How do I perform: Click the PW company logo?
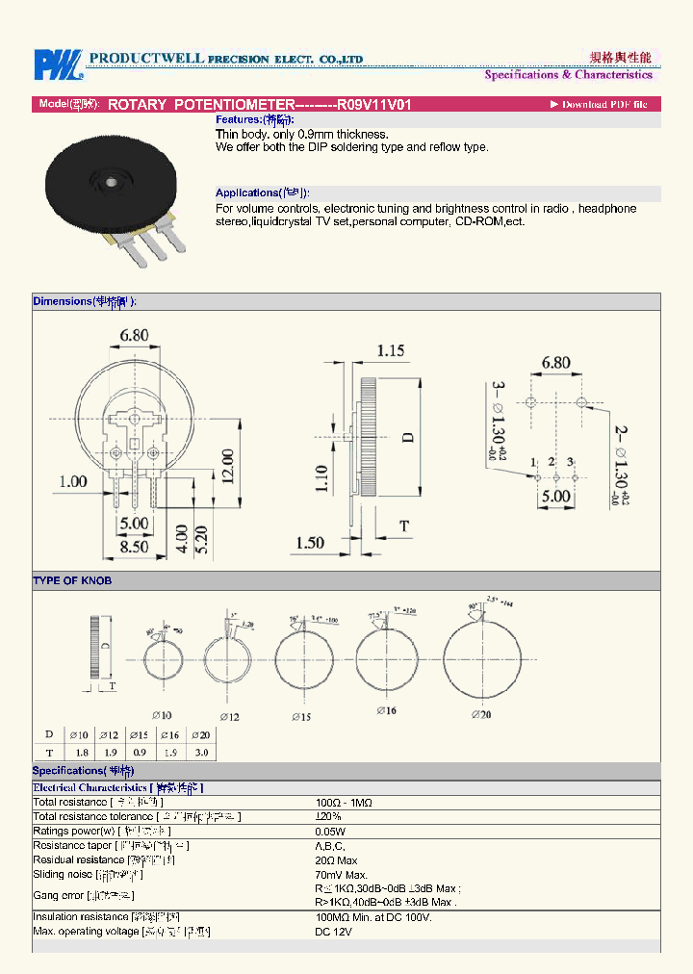pos(58,64)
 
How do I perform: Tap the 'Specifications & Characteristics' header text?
pos(568,75)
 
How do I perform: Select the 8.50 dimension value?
pos(133,546)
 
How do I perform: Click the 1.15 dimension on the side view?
pos(390,350)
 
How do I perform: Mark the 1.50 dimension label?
pos(309,543)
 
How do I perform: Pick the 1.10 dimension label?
pos(321,477)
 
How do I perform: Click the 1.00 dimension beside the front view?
pos(72,481)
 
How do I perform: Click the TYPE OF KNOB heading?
pos(72,580)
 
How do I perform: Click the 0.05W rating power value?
pos(331,831)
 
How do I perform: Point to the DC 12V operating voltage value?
pos(334,932)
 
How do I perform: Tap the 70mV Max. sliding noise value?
pos(342,874)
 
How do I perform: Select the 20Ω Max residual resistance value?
pos(336,859)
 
